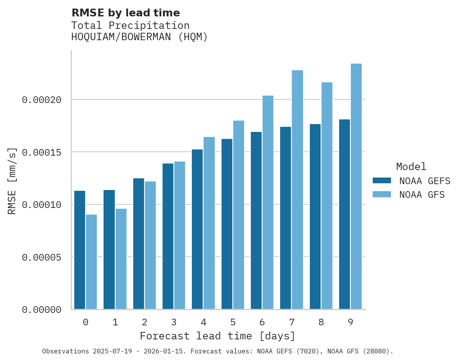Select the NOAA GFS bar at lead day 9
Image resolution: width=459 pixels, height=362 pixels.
pos(356,186)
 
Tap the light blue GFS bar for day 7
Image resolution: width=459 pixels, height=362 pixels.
pos(297,190)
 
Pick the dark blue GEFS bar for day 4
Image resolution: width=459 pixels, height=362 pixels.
pos(197,229)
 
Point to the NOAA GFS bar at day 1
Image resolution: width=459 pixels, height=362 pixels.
pos(121,259)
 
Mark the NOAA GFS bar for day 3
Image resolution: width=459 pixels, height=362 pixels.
pos(180,235)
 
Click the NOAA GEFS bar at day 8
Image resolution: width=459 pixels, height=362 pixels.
pos(315,216)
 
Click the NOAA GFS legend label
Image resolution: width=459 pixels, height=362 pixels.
pos(422,195)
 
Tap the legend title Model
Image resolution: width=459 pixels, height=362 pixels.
pos(411,167)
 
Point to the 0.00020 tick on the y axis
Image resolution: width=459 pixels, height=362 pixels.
pos(42,100)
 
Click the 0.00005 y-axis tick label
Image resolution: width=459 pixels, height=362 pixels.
pos(42,257)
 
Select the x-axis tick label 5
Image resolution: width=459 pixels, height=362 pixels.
pos(233,323)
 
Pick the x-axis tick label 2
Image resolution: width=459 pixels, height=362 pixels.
pos(145,323)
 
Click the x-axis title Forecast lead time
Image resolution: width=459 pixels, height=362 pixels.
pos(218,336)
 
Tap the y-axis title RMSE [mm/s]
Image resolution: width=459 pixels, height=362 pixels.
pos(12,181)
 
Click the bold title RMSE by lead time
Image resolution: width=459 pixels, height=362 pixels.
pos(126,13)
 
